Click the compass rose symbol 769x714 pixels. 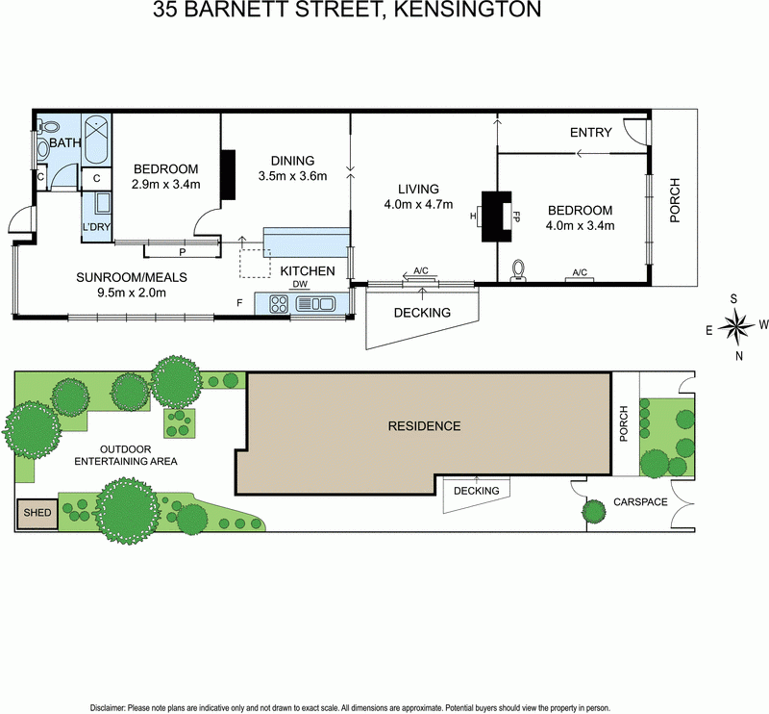tap(737, 326)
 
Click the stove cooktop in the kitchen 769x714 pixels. tap(278, 303)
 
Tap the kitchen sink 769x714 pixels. tap(314, 304)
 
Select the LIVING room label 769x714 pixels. tap(416, 189)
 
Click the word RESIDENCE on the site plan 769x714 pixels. tap(424, 425)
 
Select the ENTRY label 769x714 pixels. tap(590, 133)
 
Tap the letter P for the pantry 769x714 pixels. tap(182, 252)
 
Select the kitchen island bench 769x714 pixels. tap(306, 241)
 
